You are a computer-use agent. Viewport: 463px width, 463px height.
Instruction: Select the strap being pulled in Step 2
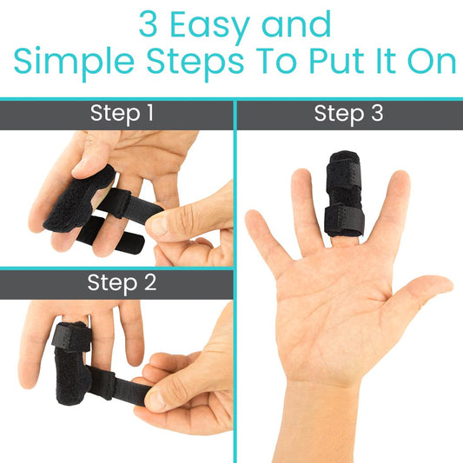pyautogui.click(x=130, y=389)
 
